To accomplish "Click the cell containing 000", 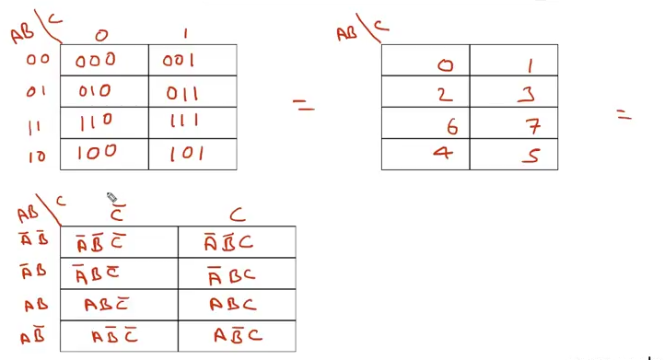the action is [97, 60].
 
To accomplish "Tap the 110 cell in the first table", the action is [97, 122].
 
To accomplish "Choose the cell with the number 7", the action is [530, 123].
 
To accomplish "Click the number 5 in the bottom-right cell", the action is [530, 156].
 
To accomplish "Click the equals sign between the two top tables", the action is [303, 107].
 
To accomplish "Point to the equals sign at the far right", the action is [624, 115].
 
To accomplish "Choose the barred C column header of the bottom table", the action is [117, 215].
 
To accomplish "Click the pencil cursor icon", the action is [111, 197].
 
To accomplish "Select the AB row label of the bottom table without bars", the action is [35, 303].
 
